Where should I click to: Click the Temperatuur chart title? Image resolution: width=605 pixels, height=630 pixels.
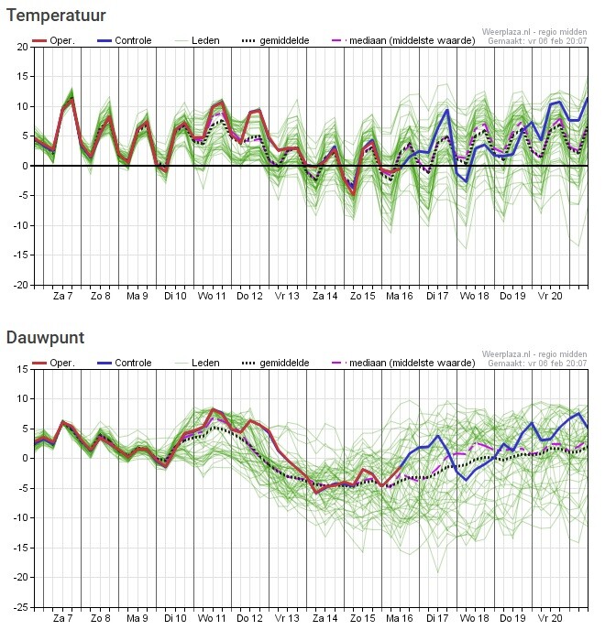[56, 16]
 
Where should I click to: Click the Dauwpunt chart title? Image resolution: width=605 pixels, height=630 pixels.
[45, 338]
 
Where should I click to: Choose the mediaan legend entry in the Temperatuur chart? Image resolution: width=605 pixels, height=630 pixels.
[404, 41]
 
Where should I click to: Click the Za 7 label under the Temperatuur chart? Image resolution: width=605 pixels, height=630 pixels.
[63, 297]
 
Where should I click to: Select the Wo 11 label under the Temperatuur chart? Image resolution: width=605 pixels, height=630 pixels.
[213, 297]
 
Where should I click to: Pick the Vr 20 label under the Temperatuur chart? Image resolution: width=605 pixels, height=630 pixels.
[549, 297]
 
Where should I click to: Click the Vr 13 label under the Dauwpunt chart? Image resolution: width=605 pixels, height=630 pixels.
[288, 619]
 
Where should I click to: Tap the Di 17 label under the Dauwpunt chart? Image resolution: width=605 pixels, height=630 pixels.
[437, 619]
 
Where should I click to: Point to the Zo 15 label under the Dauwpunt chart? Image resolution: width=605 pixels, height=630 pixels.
[362, 619]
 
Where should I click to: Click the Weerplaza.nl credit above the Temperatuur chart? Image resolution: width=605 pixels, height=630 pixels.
[534, 31]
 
